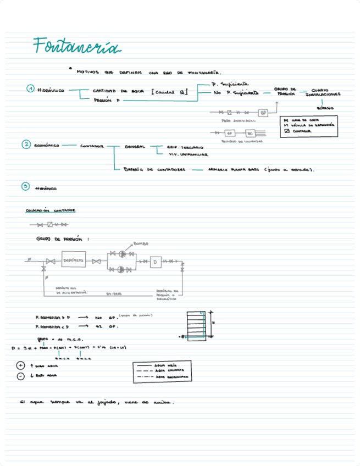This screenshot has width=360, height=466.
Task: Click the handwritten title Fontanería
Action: tap(76, 47)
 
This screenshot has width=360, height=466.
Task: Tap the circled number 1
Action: tap(31, 90)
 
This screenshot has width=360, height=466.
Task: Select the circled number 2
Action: tap(26, 145)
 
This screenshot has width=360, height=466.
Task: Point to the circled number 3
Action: tap(25, 187)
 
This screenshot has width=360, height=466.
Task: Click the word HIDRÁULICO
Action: tap(51, 90)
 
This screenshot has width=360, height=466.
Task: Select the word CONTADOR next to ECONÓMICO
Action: tap(92, 146)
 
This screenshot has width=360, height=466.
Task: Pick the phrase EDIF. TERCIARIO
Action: tap(185, 148)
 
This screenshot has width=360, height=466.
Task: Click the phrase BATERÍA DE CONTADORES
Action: tap(154, 170)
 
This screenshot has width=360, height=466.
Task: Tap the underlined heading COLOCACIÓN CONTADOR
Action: tap(51, 210)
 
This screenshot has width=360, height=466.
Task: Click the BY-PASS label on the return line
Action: tap(113, 293)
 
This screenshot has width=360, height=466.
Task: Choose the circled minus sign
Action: tap(21, 376)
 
